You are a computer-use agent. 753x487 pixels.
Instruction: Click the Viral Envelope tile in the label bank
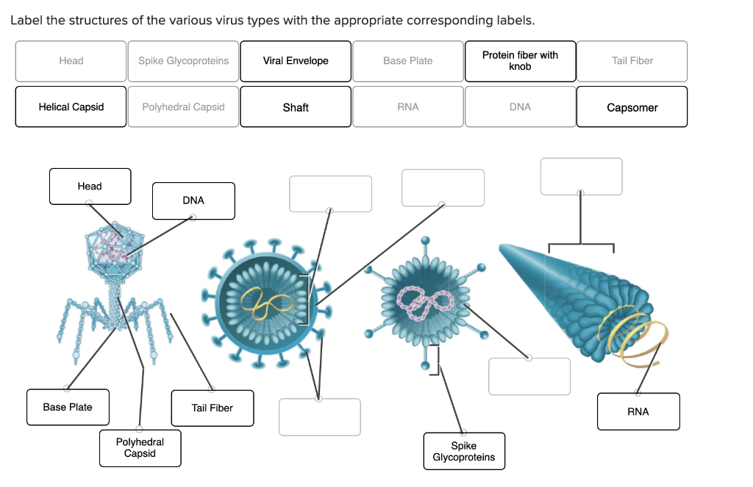pyautogui.click(x=296, y=61)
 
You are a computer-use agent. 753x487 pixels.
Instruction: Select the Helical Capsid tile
pyautogui.click(x=71, y=107)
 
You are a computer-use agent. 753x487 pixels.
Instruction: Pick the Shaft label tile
pyautogui.click(x=296, y=107)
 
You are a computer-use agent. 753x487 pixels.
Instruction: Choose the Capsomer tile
pyautogui.click(x=632, y=107)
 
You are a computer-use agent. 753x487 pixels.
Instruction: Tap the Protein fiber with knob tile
pyautogui.click(x=520, y=61)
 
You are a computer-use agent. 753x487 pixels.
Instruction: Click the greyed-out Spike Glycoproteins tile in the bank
pyautogui.click(x=183, y=61)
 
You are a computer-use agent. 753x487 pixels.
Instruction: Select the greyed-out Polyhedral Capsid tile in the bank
pyautogui.click(x=183, y=107)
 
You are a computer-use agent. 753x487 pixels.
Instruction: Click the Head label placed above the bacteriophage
pyautogui.click(x=90, y=187)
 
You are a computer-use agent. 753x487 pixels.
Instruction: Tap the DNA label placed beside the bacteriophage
pyautogui.click(x=193, y=201)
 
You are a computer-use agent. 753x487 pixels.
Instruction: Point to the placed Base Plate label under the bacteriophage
pyautogui.click(x=68, y=407)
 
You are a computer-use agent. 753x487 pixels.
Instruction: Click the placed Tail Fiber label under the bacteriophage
pyautogui.click(x=212, y=408)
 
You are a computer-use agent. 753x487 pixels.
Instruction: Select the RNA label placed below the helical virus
pyautogui.click(x=638, y=411)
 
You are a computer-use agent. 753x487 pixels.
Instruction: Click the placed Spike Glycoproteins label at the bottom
pyautogui.click(x=464, y=451)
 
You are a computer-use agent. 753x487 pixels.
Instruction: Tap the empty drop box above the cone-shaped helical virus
pyautogui.click(x=581, y=177)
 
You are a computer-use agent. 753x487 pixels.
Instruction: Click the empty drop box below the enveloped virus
pyautogui.click(x=319, y=416)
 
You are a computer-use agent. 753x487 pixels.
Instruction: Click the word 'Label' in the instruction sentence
pyautogui.click(x=26, y=20)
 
